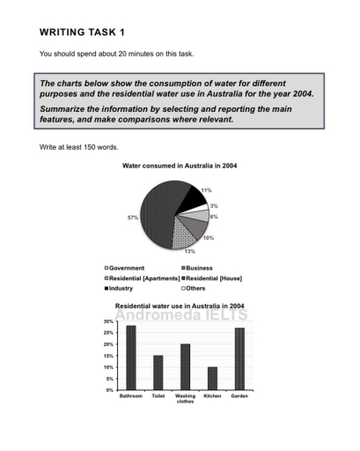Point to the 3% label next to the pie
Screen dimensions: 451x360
pos(213,205)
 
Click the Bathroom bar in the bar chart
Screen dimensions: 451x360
pos(130,358)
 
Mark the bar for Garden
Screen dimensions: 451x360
pos(239,359)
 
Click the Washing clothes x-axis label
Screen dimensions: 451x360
pos(185,399)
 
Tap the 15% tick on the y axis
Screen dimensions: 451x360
pos(108,356)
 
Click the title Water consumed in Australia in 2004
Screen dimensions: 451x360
pos(179,166)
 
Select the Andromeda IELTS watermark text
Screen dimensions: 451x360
pos(180,314)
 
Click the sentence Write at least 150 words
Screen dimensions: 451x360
pos(79,146)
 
